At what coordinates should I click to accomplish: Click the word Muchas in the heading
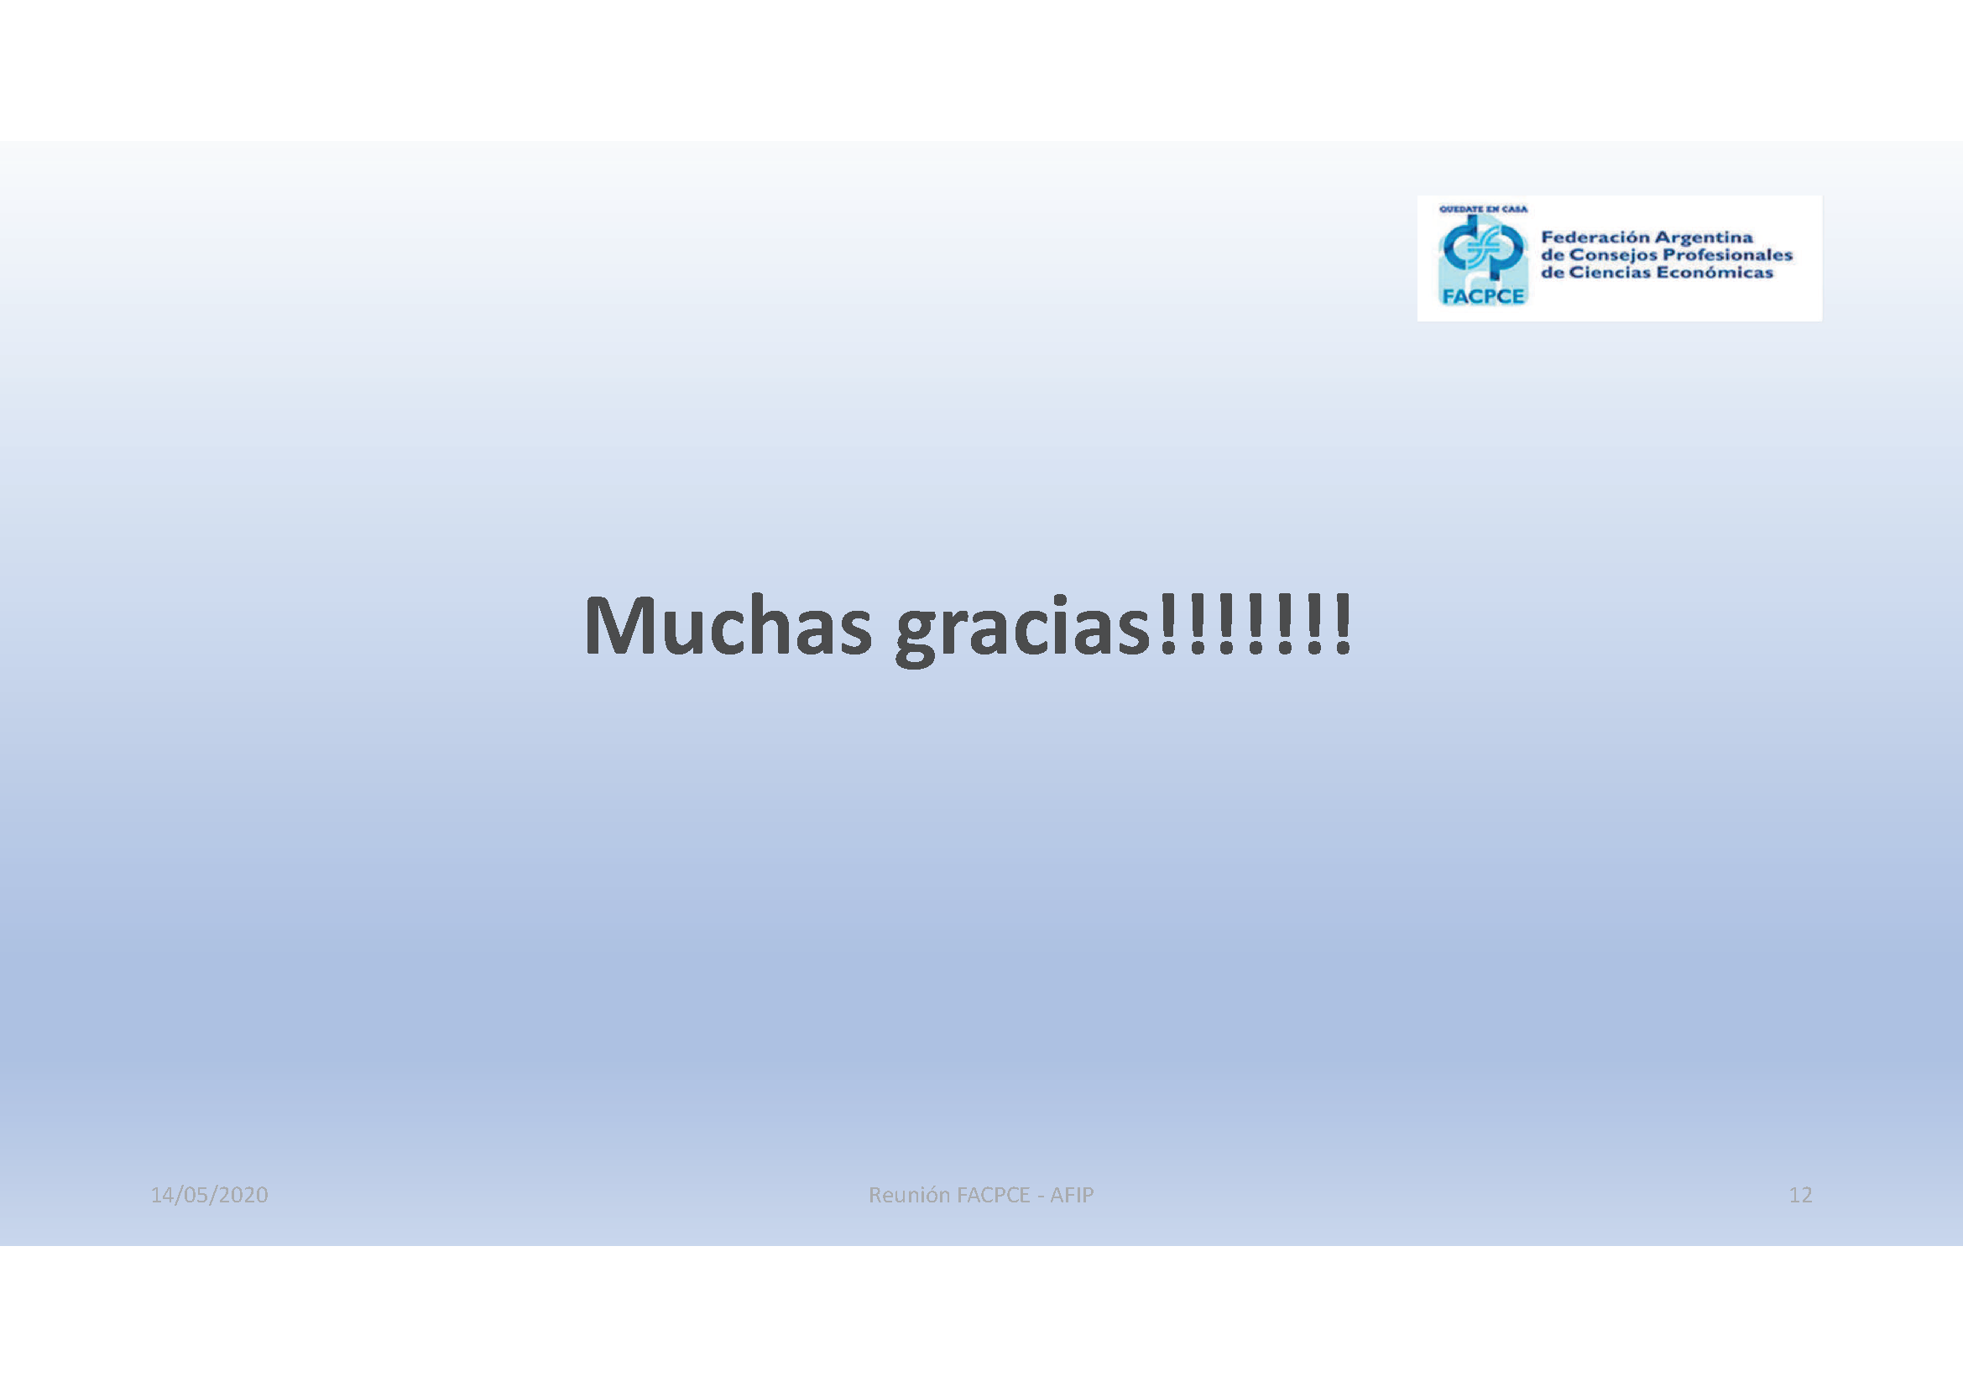[728, 626]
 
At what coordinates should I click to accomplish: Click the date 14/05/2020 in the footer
[210, 1195]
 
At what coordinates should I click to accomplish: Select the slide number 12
[1799, 1195]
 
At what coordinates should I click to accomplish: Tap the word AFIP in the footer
[1072, 1195]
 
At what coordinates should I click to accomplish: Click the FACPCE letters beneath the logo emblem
[1483, 295]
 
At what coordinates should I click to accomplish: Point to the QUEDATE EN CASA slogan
[1483, 209]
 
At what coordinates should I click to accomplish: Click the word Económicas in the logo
[1715, 273]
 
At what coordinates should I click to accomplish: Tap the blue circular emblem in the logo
[1483, 248]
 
